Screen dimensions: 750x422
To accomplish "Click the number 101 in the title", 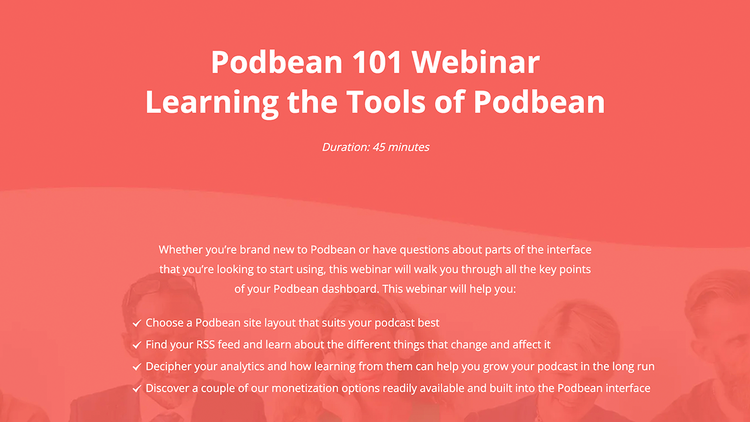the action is (377, 62).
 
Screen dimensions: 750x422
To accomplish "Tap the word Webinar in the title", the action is (475, 62).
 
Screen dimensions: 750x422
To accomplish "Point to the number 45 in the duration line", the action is (379, 147).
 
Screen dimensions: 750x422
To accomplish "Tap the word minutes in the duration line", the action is (408, 147).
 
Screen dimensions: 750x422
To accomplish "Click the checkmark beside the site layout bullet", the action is (137, 323).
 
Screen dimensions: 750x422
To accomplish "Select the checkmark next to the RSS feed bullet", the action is (137, 345).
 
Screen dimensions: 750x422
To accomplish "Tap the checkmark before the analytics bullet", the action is (137, 367).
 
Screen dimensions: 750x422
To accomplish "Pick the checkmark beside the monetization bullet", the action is (137, 389).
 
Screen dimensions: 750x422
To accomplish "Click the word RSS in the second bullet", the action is (205, 344).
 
